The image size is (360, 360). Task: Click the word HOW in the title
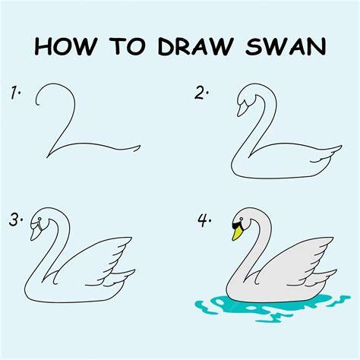point(65,46)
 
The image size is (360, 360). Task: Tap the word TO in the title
point(128,46)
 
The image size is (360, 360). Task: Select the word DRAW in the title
point(195,46)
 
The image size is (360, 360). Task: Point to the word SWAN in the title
point(286,46)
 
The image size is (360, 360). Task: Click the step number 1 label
point(15,93)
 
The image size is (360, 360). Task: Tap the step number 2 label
point(201,93)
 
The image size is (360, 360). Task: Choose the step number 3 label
point(16,219)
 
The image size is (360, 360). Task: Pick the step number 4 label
point(204,220)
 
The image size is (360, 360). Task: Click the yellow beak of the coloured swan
point(236,233)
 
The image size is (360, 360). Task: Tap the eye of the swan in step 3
point(39,219)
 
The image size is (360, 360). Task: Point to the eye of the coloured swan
point(242,219)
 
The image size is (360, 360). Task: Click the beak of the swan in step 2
point(242,109)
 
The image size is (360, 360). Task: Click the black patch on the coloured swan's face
point(238,226)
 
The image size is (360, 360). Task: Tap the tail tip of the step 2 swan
point(342,146)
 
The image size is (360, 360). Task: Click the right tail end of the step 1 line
point(140,146)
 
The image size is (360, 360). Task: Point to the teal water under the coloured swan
point(271,308)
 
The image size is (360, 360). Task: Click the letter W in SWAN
point(276,46)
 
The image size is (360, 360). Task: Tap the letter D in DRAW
point(166,46)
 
